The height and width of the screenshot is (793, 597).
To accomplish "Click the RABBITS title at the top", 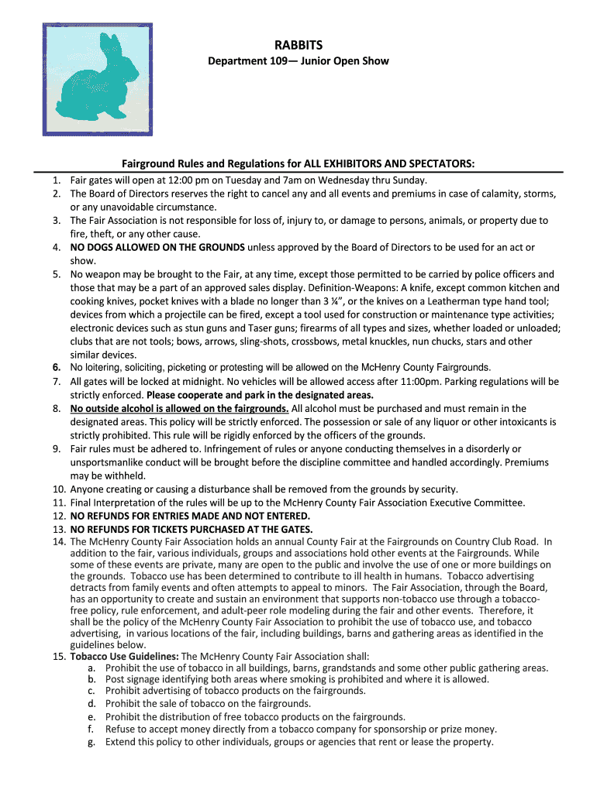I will (298, 46).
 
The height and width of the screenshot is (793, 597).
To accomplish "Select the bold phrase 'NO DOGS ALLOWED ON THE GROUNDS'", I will (157, 247).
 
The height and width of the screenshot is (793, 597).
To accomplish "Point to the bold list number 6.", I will (57, 367).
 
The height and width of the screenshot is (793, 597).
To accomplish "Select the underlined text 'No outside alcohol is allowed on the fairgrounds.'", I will (180, 408).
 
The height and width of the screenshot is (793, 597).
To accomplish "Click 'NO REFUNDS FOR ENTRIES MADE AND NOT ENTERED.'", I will (190, 516).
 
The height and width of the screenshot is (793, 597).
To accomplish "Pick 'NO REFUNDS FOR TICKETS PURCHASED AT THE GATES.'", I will (192, 529).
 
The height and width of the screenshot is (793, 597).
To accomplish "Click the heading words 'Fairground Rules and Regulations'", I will (216, 163).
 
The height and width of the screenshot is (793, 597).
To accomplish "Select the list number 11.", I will (59, 503).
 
